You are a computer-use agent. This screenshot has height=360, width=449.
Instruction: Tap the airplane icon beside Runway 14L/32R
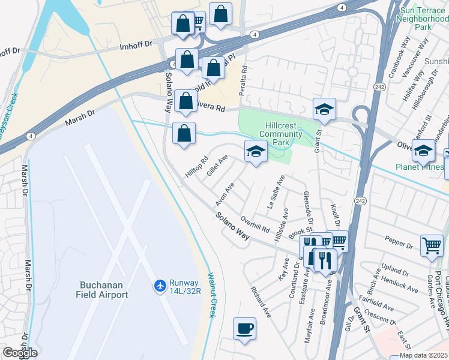click(160, 284)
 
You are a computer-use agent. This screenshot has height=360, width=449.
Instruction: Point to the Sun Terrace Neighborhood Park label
click(423, 19)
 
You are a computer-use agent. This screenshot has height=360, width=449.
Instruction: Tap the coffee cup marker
click(244, 329)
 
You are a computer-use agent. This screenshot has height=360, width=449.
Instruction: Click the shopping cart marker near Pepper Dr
click(432, 246)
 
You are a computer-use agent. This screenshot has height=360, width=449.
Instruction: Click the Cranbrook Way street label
click(399, 58)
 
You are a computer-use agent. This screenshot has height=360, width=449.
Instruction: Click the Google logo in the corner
click(20, 353)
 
